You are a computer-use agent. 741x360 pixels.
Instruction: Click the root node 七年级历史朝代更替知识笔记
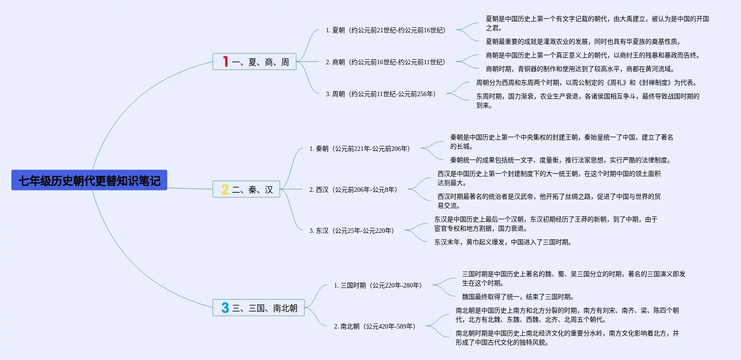point(89,180)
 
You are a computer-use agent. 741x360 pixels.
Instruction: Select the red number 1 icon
point(225,62)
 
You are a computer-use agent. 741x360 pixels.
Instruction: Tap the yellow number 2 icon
point(225,189)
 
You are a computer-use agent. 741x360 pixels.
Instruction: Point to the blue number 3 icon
point(225,308)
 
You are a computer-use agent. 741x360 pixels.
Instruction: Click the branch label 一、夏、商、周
point(261,62)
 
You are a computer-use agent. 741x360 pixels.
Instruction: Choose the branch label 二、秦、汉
point(252,190)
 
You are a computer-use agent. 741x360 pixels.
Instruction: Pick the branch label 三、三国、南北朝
point(265,308)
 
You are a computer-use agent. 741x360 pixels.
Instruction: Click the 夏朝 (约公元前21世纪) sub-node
point(386,30)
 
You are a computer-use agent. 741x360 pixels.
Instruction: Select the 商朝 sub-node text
point(386,62)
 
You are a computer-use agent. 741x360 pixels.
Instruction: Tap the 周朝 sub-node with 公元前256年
point(381,94)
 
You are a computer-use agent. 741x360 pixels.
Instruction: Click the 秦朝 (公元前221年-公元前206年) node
point(360,149)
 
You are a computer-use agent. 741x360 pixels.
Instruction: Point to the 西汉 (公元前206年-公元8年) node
point(353,190)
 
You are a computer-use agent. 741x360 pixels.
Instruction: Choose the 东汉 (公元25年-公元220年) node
point(351,231)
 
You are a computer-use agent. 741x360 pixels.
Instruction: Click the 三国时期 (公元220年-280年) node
point(378,285)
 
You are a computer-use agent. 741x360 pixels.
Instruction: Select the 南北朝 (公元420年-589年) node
point(375,326)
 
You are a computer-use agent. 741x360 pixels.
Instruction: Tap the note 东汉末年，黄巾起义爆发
point(503,242)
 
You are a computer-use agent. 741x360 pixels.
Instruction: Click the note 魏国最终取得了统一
point(518,297)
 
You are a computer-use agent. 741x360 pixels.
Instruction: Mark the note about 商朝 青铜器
point(580,69)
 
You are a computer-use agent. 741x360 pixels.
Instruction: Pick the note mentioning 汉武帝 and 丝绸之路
point(549,201)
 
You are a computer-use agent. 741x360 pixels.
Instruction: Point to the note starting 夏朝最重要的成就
point(583,41)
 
